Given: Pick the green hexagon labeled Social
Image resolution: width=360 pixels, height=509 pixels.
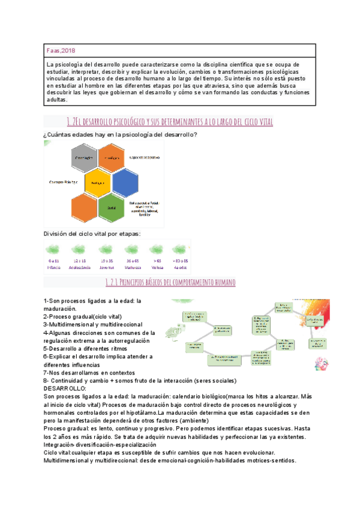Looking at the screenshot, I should (x=112, y=206).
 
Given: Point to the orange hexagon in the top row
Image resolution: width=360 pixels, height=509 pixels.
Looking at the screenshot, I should (x=113, y=157).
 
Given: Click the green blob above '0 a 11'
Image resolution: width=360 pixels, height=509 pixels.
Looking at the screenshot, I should (x=54, y=250).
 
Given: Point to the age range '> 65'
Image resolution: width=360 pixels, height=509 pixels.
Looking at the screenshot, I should (x=157, y=261).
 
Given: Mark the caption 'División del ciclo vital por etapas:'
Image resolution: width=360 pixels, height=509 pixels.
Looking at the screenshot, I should (x=92, y=233).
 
